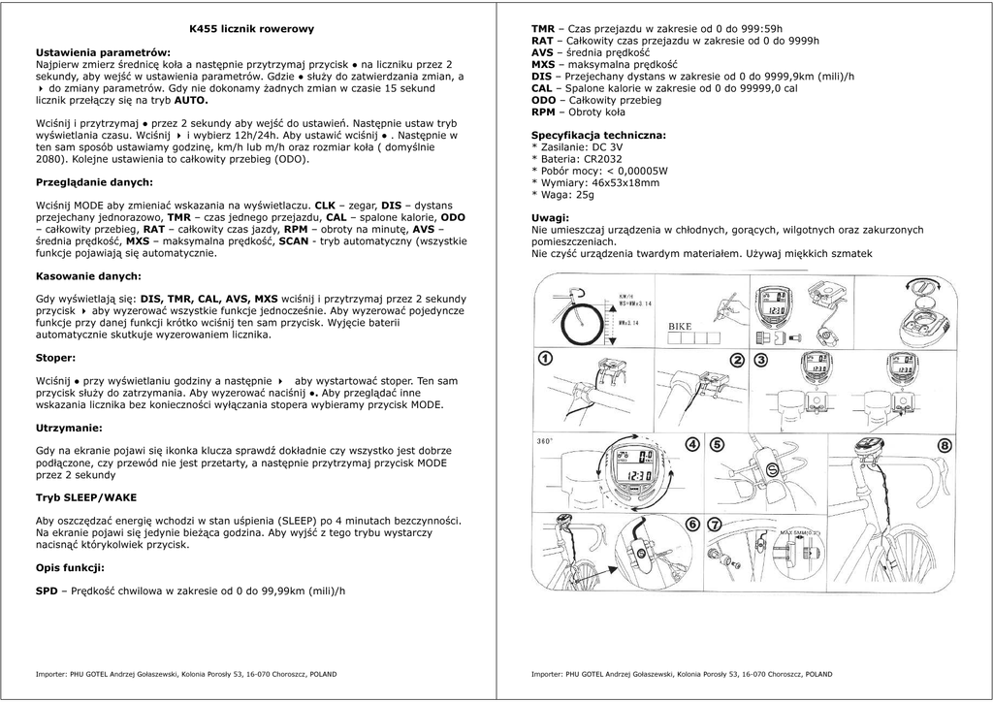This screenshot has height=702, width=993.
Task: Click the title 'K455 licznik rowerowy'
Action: [251, 29]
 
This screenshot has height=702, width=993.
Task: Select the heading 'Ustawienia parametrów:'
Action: [103, 51]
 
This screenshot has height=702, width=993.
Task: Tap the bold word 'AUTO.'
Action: [191, 100]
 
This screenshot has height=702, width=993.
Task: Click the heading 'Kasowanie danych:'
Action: [88, 276]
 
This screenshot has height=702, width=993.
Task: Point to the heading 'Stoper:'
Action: [55, 358]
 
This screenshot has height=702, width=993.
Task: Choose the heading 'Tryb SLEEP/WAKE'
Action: [86, 497]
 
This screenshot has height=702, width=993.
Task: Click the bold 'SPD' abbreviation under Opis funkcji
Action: [47, 590]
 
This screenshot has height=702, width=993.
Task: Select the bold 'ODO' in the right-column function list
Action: [543, 100]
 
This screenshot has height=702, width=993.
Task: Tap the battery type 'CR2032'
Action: [603, 159]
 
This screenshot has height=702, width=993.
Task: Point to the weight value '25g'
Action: [584, 194]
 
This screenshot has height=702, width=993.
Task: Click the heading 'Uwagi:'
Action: [551, 218]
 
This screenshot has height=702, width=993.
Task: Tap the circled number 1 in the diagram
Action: [546, 358]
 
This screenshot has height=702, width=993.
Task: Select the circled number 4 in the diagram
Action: [691, 444]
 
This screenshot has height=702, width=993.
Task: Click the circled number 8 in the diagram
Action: [945, 445]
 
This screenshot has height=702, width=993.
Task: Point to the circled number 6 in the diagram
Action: [691, 525]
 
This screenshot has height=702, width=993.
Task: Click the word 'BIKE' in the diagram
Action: [680, 327]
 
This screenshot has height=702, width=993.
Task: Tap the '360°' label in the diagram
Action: [545, 441]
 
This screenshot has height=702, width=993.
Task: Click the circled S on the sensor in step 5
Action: [773, 469]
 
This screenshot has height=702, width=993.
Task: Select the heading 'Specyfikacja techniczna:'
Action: [598, 136]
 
